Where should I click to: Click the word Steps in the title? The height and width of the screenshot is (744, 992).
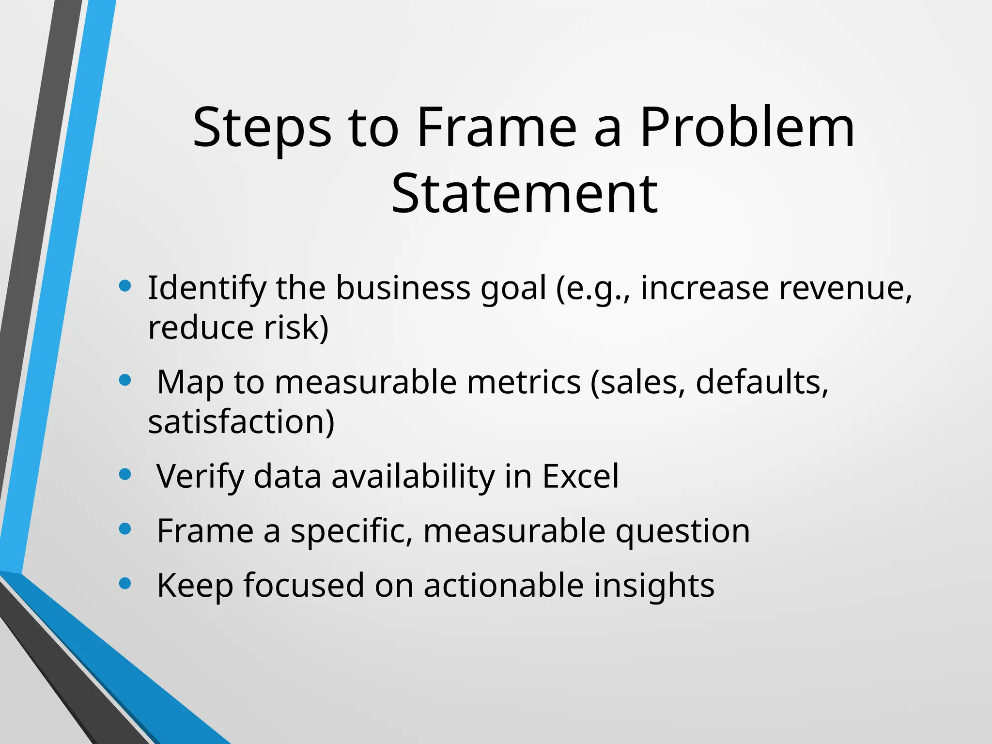(262, 128)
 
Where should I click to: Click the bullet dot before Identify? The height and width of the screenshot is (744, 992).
(125, 286)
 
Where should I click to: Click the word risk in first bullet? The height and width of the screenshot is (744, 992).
(296, 328)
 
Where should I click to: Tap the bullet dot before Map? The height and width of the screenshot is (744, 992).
(125, 380)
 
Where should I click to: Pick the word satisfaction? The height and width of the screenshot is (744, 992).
(241, 422)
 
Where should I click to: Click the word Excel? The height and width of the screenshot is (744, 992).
(580, 477)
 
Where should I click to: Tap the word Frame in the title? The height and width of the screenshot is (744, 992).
(497, 128)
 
